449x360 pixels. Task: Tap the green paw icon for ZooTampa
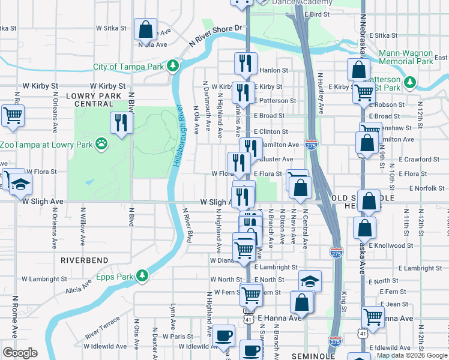[x=102, y=145]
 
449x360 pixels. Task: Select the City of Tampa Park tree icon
[x=173, y=65]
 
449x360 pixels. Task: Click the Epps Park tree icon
[x=142, y=276]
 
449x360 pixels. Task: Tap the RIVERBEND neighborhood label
[x=84, y=260]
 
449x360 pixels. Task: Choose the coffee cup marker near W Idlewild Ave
[x=224, y=337]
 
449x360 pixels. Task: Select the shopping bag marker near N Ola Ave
[x=146, y=28]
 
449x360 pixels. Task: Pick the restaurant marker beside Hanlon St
[x=245, y=62]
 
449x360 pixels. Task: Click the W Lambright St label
[x=44, y=279]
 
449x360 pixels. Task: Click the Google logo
[x=19, y=352]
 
